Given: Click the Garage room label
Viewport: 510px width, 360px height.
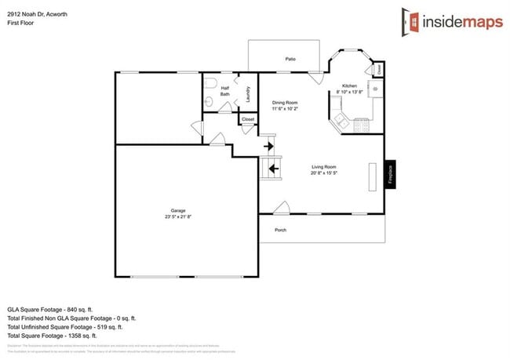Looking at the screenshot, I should coord(178,209).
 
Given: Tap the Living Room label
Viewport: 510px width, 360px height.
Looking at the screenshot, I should coord(324,166).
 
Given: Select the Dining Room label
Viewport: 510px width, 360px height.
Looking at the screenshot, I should coord(284,103).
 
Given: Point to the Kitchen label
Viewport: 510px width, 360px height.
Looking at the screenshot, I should coord(349,85).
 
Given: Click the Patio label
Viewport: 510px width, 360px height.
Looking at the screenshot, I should coord(290,59).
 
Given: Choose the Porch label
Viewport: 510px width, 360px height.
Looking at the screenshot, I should coord(280,230).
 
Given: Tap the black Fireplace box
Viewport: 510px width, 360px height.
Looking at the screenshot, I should coord(389,173).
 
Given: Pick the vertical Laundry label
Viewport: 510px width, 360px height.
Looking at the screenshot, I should coord(248,94).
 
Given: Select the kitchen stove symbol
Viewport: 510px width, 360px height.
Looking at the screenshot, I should coord(363,122).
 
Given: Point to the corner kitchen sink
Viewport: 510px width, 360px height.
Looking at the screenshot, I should coord(340,120).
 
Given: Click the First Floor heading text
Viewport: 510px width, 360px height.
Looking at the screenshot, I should coord(22,23).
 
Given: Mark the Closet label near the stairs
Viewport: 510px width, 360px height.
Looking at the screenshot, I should coord(248,119).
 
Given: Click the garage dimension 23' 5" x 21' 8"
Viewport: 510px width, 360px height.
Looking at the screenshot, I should coord(178,216).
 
